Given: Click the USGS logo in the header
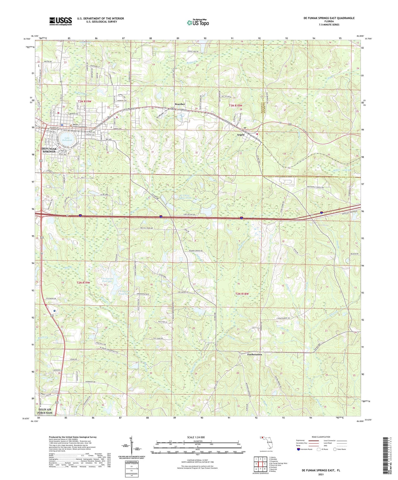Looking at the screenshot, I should click(60, 21).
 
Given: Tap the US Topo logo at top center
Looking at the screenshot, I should click(197, 22).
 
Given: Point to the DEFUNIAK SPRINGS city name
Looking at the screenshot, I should click(49, 150).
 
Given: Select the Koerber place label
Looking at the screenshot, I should click(180, 104).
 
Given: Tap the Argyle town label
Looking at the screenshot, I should click(240, 135).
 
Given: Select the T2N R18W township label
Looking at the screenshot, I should click(242, 294).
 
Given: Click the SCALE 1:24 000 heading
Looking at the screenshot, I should click(196, 437).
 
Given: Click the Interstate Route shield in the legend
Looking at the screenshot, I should click(299, 449).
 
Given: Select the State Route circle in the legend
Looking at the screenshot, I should click(335, 449).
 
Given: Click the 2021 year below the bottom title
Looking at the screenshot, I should click(321, 474).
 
